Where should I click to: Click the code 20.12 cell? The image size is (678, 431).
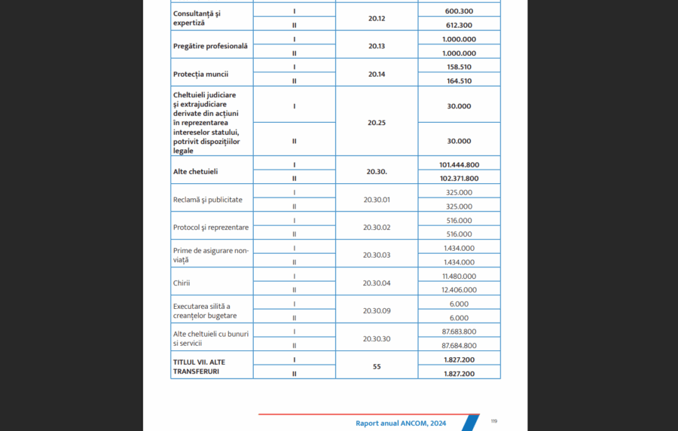(376, 17)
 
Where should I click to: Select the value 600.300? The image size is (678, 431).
(459, 11)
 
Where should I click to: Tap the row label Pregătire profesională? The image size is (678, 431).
(210, 46)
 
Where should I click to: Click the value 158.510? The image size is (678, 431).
(459, 67)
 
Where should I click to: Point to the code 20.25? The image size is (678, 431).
(376, 124)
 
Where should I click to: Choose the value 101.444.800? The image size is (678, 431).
(459, 164)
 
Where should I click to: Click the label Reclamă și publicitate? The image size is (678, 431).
(208, 200)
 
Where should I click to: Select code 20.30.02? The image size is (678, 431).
(376, 228)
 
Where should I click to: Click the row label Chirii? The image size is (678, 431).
(182, 283)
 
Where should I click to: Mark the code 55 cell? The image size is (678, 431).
(376, 367)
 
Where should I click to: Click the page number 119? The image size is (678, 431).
(493, 421)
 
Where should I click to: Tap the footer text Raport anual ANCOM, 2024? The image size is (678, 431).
(401, 423)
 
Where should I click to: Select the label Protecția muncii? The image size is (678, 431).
(201, 74)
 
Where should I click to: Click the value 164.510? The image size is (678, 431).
(459, 81)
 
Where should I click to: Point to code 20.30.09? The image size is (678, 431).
(376, 310)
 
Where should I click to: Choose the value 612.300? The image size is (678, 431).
(459, 25)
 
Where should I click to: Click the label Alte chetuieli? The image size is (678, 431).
(195, 172)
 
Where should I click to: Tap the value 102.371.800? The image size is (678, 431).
(459, 179)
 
